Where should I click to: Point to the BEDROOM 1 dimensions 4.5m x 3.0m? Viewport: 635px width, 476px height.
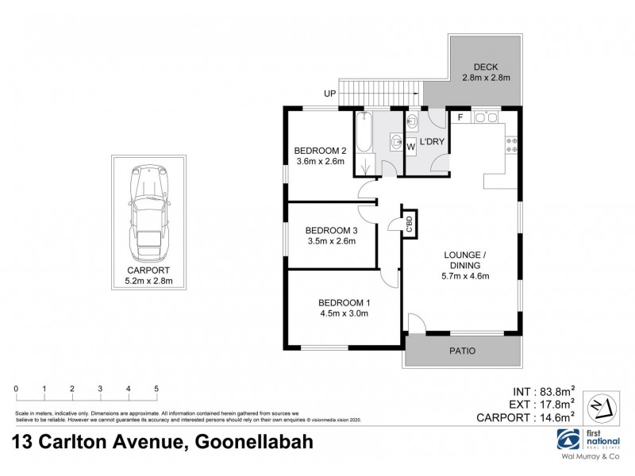(x=344, y=313)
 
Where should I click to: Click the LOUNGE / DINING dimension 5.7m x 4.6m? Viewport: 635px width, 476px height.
(x=463, y=276)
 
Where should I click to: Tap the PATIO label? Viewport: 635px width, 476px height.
(x=464, y=350)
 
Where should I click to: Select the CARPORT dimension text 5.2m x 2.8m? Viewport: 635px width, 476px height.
(x=149, y=280)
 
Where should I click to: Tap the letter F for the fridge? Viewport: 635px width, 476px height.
(x=460, y=118)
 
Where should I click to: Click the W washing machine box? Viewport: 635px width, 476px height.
(x=411, y=146)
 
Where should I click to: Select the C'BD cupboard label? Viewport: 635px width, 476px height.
(x=409, y=224)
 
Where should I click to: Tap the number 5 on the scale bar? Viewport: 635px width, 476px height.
(x=156, y=388)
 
